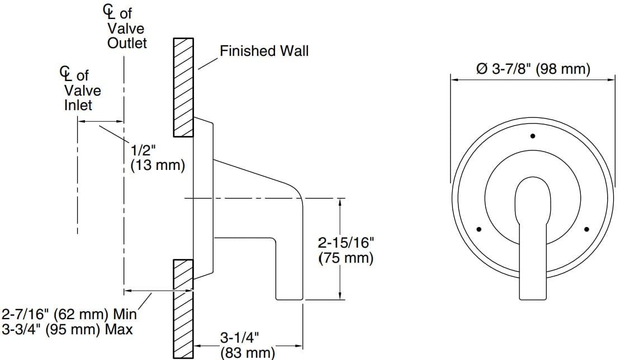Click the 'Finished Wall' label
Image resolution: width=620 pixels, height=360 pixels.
[264, 51]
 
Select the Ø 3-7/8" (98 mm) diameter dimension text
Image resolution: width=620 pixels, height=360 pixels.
[532, 69]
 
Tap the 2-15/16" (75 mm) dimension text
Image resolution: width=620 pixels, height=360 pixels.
[346, 250]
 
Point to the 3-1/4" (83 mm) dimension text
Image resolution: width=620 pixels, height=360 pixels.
[246, 345]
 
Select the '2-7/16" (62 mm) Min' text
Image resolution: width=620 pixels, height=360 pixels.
[70, 314]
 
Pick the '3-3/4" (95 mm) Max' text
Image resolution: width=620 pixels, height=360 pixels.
[67, 329]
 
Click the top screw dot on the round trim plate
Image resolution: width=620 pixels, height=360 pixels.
[533, 136]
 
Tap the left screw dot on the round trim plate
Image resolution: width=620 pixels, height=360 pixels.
[479, 229]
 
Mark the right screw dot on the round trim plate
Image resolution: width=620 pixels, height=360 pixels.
[586, 229]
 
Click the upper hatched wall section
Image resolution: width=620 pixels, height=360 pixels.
[183, 87]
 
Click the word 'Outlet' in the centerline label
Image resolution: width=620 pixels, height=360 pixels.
[127, 43]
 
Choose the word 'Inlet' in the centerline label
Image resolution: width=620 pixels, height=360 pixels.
[78, 105]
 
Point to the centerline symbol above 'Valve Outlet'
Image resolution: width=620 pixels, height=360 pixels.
[107, 11]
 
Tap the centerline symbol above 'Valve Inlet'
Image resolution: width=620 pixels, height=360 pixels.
[65, 73]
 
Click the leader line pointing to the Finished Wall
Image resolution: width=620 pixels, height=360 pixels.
[209, 63]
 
